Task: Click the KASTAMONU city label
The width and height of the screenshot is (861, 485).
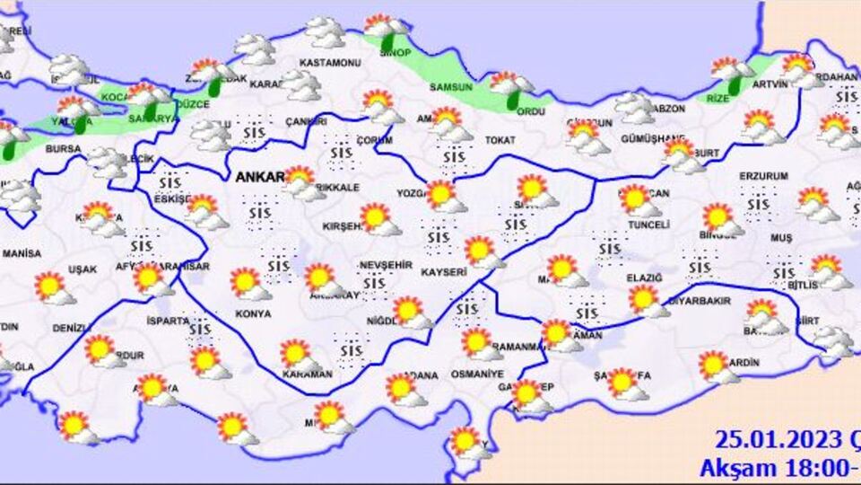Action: point(331,63)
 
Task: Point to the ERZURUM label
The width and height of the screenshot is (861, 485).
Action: point(763,175)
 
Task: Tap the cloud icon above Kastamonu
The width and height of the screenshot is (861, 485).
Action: point(325,32)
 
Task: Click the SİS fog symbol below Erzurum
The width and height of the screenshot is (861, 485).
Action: point(759,205)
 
